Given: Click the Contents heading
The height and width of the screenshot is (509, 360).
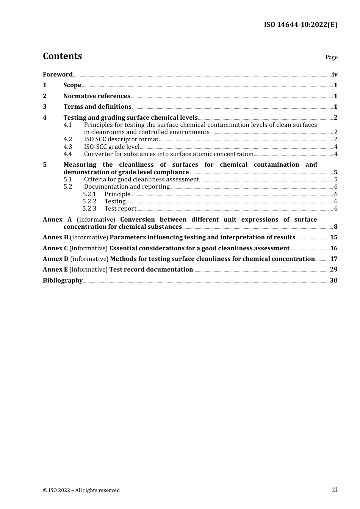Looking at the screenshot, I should point(62,56).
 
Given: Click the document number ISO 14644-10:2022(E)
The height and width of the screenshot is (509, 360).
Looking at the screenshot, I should point(301,25).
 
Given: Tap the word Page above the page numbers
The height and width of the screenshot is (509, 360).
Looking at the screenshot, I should point(331,57).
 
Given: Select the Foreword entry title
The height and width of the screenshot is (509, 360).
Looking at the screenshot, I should point(58,74).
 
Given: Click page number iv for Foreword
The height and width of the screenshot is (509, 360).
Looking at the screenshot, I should point(335,74).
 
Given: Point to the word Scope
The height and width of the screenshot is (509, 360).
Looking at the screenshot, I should point(72,85).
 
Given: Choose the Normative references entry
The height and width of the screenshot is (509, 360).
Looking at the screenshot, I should point(97,96).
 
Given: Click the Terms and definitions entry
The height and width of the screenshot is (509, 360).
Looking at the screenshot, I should point(97,107).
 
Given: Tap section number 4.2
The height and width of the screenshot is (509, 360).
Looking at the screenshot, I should point(67,139).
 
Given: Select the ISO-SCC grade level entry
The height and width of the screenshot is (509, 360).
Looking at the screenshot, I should point(111,147).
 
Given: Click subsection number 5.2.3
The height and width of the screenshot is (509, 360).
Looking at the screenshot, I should point(89,209).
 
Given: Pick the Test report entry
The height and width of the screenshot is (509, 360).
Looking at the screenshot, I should point(120,209).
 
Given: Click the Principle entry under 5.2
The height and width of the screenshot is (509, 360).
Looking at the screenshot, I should point(117,194).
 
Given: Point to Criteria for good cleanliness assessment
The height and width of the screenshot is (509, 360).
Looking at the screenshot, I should point(141,180).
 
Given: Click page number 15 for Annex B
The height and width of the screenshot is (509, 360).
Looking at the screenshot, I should point(334,237).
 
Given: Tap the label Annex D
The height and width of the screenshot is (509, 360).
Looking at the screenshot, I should point(56,259).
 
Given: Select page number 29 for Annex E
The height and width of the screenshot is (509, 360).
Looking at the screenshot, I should point(334,270).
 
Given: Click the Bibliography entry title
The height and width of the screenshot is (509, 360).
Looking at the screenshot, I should point(63,281).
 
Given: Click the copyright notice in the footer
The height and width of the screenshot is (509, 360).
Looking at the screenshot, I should point(81,490).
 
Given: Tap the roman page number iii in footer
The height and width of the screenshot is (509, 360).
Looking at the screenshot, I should point(335,490).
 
